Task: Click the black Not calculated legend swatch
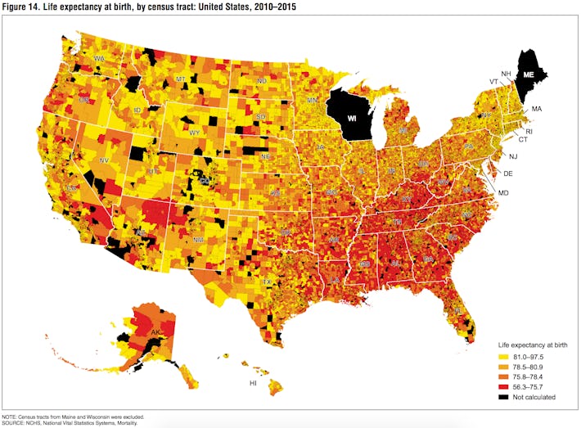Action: coord(503,397)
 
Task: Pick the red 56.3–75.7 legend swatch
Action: coord(503,386)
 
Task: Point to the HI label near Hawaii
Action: coord(254,383)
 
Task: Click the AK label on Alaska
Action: coord(155,333)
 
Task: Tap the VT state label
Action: coord(493,82)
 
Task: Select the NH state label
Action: coord(506,74)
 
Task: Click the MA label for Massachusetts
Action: coord(537,109)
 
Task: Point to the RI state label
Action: coord(529,131)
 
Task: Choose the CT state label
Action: coord(522,140)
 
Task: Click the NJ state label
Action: coord(513,156)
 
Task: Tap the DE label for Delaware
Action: coord(507,173)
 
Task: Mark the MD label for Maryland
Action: coord(503,192)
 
